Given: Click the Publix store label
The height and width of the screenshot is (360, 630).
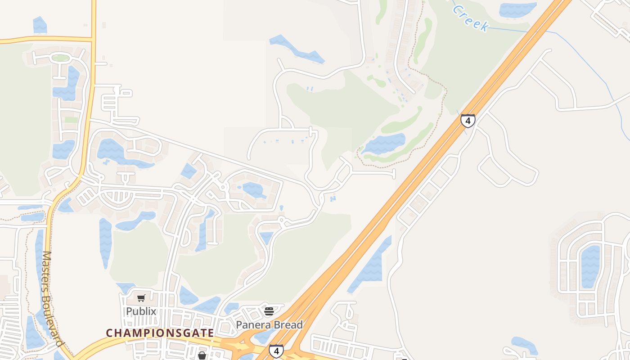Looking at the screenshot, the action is click(141, 311).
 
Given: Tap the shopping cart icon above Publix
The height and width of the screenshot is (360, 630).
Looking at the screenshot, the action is click(141, 298).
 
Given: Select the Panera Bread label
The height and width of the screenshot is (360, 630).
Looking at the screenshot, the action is click(269, 324).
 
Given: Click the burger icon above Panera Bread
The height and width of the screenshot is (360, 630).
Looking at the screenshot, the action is click(269, 311).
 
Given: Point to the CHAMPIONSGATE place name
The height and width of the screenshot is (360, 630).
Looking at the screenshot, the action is click(160, 333).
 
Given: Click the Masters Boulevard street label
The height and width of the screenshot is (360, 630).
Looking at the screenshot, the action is click(51, 299).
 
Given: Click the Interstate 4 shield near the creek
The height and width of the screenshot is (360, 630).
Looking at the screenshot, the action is click(468, 121).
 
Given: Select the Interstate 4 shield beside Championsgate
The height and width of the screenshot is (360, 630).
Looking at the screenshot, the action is click(276, 351).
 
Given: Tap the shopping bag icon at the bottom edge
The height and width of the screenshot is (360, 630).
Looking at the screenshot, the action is click(202, 356).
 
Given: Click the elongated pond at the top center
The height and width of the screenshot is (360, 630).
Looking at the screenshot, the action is click(297, 49).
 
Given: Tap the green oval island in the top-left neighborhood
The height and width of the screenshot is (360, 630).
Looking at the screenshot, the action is click(60, 58).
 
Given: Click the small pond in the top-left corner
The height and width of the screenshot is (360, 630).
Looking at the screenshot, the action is click(40, 25).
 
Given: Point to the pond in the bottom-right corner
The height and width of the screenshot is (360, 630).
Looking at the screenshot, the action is click(524, 346).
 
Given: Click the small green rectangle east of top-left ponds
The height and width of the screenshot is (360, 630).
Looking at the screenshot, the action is click(71, 120).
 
